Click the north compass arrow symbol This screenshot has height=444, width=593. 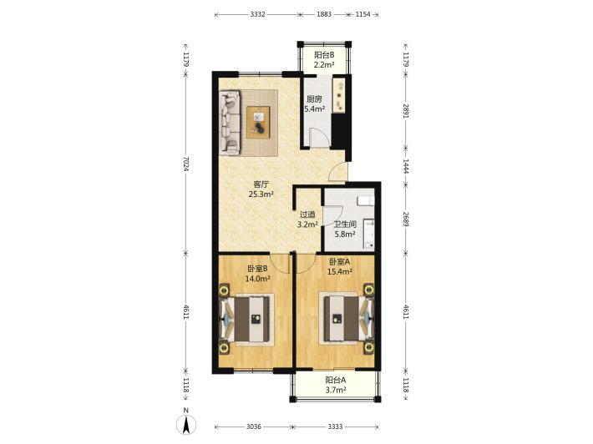click(186, 424)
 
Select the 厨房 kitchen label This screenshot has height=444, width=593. click(314, 99)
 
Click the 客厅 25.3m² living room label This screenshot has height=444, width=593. click(261, 189)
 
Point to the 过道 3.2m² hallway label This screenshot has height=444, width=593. click(307, 219)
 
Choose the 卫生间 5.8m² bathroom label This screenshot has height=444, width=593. click(345, 229)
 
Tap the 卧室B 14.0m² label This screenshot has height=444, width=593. click(257, 274)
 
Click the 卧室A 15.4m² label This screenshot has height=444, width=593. click(340, 266)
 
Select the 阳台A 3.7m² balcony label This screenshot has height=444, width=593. click(336, 385)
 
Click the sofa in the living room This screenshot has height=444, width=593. click(231, 122)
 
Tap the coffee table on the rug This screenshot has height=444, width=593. click(259, 123)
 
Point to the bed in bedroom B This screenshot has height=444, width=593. click(246, 319)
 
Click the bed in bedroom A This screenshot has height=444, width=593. click(347, 320)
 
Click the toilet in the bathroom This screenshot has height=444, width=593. click(366, 200)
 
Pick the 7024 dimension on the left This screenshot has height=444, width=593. click(185, 164)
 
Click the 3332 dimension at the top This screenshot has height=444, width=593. click(257, 14)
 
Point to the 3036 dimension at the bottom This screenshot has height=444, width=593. click(254, 426)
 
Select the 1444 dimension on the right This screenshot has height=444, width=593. click(405, 166)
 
